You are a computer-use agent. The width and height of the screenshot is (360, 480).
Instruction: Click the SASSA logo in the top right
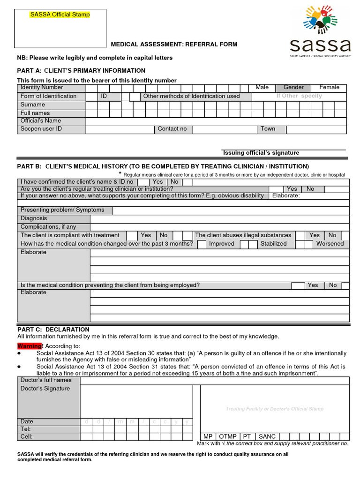pos(320,31)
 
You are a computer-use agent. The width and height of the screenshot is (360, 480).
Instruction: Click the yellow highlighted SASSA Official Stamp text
pos(60,15)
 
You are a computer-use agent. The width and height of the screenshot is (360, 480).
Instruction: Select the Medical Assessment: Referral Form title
pos(174,45)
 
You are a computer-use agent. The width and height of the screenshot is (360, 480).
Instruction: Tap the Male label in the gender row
pos(262,88)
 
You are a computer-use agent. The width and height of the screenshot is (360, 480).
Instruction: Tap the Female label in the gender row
pos(329,88)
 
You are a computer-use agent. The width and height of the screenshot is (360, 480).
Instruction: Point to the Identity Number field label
pos(42,88)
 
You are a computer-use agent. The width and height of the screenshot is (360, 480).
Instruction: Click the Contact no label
pos(172,129)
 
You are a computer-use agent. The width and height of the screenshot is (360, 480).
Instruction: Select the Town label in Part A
pos(268,129)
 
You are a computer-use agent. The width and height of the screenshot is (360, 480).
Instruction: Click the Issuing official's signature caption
pos(261,153)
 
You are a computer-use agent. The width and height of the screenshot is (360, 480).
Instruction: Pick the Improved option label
pos(221,244)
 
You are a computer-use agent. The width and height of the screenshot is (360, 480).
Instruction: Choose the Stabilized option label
pos(273,244)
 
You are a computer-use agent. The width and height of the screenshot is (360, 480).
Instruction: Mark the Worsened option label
pos(330,244)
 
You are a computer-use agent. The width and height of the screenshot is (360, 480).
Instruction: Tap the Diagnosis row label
pos(34,218)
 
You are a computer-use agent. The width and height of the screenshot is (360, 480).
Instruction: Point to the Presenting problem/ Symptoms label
pos(62,210)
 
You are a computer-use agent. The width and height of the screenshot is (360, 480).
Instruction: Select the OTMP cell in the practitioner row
pos(228,436)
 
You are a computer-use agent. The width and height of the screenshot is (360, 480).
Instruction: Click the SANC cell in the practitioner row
pos(267,436)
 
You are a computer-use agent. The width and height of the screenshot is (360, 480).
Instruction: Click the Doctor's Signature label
pos(45,389)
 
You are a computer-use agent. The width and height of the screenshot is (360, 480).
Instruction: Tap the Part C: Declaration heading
pos(53,330)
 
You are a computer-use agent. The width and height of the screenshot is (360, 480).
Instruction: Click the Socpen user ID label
pos(41,129)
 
